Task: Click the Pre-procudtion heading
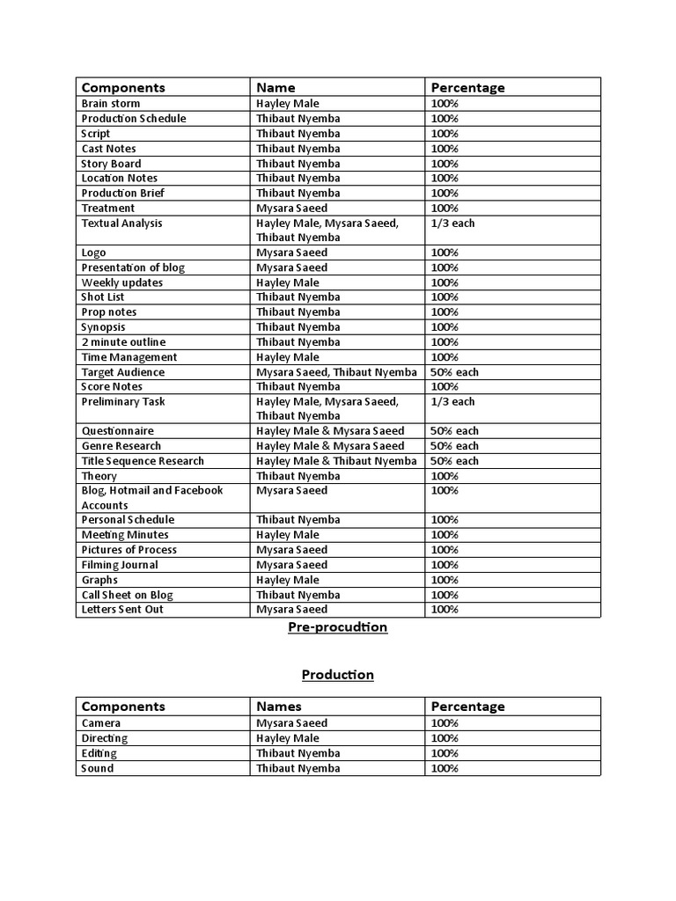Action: coord(338,627)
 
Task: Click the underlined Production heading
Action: coord(338,675)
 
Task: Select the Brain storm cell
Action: coord(111,104)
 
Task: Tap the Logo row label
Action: coord(94,253)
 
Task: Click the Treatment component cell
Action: coord(108,208)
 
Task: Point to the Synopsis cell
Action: coord(104,327)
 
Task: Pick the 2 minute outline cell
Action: coord(123,342)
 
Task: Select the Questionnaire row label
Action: coord(118,431)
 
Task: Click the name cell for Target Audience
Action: coord(336,372)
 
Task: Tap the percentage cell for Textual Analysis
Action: coord(452,223)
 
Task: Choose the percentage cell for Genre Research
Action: coord(454,446)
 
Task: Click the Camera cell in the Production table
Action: coord(101,723)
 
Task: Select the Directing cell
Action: coord(105,738)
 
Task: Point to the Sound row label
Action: coord(98,768)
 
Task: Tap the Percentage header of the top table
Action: coord(467,87)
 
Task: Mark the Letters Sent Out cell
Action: coord(122,610)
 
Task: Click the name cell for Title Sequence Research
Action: coord(336,461)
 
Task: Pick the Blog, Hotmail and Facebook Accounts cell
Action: coord(152,498)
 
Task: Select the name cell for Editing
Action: coord(298,753)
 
